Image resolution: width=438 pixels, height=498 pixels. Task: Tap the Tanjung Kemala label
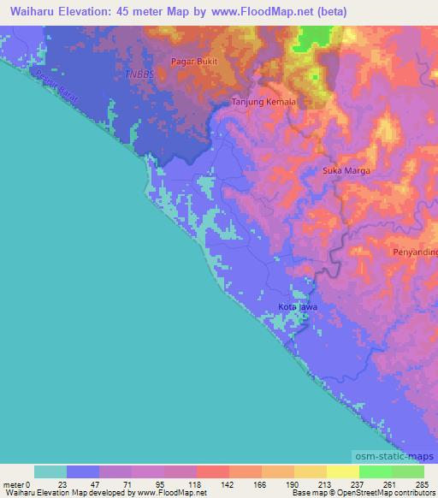(264, 102)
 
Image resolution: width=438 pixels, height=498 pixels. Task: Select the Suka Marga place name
(346, 171)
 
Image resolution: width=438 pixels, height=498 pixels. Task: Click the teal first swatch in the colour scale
(50, 471)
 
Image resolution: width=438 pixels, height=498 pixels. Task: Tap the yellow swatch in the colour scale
(342, 471)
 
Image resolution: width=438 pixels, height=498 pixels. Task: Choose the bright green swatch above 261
(375, 471)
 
